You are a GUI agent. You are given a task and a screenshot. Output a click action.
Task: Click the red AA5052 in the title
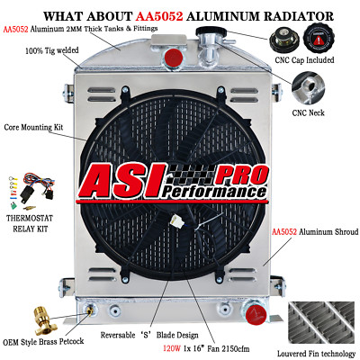[159, 16]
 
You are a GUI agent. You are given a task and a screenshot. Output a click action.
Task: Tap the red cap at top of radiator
[174, 57]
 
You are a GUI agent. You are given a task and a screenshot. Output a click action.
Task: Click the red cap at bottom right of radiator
[256, 314]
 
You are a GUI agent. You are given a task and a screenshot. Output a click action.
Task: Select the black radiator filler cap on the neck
[211, 31]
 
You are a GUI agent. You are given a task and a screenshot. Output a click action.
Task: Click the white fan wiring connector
[175, 221]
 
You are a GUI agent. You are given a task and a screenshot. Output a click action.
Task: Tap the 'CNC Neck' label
[308, 112]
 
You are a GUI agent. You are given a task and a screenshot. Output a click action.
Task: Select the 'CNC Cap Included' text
[304, 60]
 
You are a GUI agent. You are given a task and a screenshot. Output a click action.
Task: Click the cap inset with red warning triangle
[319, 39]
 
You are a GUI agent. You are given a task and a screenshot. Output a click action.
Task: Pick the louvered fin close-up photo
[321, 323]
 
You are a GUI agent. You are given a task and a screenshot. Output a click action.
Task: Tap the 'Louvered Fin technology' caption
[316, 354]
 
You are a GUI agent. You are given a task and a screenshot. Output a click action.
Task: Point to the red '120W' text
[172, 348]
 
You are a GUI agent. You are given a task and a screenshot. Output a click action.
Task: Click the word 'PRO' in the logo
[241, 175]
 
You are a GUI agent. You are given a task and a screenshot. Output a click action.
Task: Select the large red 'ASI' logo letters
[123, 181]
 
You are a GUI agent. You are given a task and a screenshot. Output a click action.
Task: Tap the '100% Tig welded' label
[52, 50]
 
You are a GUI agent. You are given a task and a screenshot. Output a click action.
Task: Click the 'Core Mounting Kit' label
[33, 127]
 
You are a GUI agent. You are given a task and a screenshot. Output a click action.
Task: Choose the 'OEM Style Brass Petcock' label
[43, 342]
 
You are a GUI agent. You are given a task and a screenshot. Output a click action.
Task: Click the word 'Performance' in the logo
[213, 191]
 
